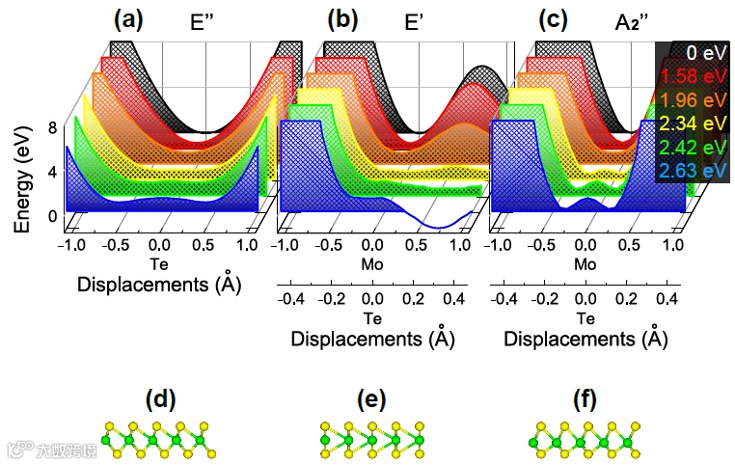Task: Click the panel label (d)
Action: tap(160, 398)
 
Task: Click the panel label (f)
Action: tap(584, 398)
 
